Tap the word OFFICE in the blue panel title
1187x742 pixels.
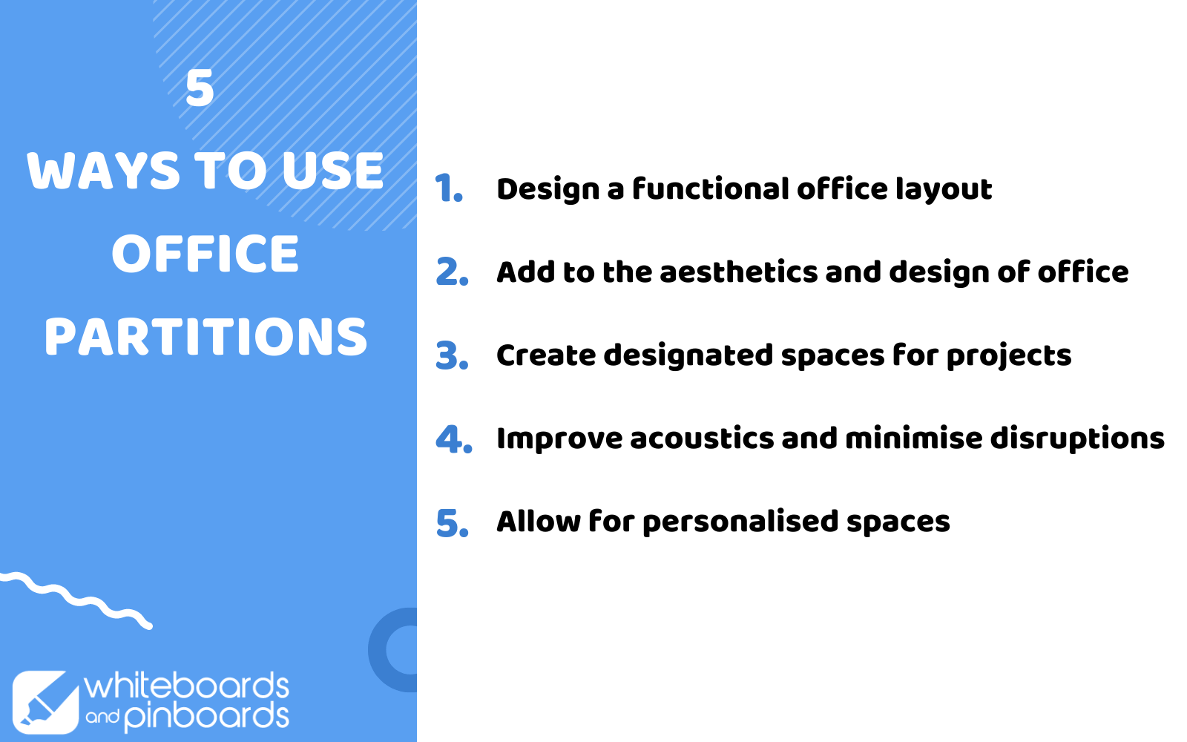[x=205, y=254]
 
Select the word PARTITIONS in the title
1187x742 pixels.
[x=205, y=337]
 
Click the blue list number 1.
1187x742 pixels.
[x=449, y=188]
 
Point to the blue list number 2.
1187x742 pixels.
[x=452, y=272]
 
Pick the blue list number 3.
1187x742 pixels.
[x=452, y=355]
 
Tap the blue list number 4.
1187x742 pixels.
[x=453, y=439]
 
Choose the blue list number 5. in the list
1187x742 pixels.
[x=452, y=522]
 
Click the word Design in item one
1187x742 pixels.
[x=548, y=190]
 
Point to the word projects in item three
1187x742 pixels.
[x=1009, y=356]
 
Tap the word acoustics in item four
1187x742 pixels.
[x=702, y=439]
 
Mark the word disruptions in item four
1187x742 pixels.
[x=1077, y=439]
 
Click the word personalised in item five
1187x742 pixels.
[x=741, y=522]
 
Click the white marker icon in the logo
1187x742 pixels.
[x=45, y=702]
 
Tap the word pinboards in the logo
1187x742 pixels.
[x=207, y=717]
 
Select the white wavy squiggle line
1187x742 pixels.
[x=76, y=600]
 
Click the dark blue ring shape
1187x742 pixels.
[x=378, y=650]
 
